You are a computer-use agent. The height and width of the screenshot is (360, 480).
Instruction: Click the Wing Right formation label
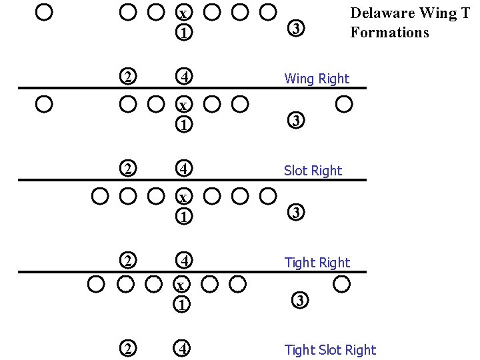317,79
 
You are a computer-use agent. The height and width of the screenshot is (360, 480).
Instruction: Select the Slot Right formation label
313,171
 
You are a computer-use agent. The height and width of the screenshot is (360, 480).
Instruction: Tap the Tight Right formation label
317,263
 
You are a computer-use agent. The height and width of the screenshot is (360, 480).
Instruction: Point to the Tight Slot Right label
330,350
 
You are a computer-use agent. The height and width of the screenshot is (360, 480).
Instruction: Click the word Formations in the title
389,32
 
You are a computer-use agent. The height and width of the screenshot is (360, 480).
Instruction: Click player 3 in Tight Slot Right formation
300,301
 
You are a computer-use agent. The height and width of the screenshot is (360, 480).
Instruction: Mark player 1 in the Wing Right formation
184,32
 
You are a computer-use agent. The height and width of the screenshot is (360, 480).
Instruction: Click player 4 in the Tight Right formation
184,260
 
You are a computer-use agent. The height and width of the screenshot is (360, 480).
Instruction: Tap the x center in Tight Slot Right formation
181,285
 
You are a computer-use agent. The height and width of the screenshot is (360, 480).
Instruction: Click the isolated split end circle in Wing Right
44,12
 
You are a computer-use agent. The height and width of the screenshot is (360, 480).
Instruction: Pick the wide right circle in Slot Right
344,104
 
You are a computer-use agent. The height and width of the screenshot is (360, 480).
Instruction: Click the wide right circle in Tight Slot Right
341,285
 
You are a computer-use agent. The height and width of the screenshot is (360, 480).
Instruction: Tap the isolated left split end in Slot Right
44,104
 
